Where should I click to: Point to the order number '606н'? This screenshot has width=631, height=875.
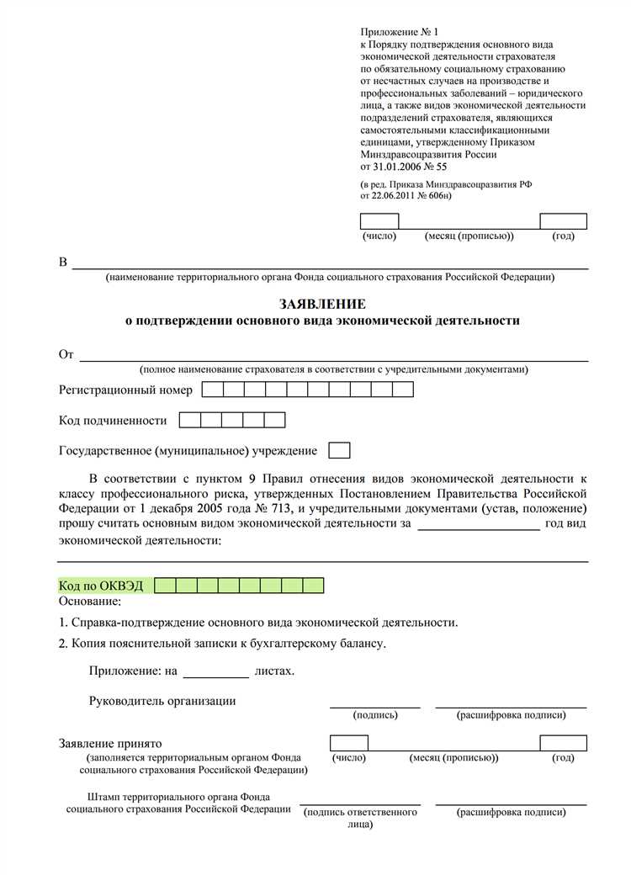coord(437,195)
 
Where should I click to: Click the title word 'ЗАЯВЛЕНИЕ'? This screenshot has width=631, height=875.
coord(322,304)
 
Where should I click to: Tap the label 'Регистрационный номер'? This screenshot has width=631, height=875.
coord(125,390)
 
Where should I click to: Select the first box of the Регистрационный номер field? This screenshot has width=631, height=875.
coord(213,390)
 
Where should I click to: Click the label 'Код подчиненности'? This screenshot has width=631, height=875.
coord(113,421)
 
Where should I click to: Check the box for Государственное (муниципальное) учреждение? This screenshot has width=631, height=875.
coord(339,451)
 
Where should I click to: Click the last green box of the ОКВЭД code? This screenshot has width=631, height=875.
coord(313,586)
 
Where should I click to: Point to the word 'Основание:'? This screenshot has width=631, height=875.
coord(90,602)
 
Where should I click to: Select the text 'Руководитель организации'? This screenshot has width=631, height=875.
coord(162,701)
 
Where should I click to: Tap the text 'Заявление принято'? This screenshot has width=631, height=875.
coord(110,745)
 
